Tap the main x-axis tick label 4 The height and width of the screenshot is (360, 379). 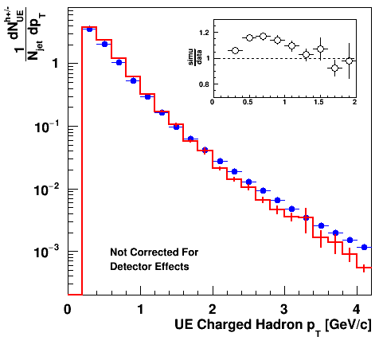pyautogui.click(x=357, y=309)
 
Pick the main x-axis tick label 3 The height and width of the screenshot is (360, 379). pyautogui.click(x=284, y=309)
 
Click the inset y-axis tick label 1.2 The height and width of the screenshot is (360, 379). pyautogui.click(x=204, y=33)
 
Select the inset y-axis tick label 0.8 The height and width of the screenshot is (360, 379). pyautogui.click(x=204, y=84)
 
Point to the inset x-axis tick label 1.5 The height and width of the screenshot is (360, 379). pyautogui.click(x=318, y=102)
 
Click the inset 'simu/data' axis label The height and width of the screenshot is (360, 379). pyautogui.click(x=195, y=57)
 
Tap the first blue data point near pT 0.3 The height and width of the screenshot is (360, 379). pyautogui.click(x=89, y=29)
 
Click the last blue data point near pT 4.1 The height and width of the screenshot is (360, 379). pyautogui.click(x=364, y=247)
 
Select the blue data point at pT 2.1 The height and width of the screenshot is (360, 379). pyautogui.click(x=220, y=161)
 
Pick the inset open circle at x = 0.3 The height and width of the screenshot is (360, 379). pyautogui.click(x=235, y=50)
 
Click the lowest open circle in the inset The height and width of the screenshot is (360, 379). pyautogui.click(x=334, y=68)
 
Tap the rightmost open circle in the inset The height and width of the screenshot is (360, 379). pyautogui.click(x=349, y=61)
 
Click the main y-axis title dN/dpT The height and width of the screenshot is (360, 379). pyautogui.click(x=26, y=34)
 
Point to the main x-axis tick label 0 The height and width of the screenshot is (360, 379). pyautogui.click(x=68, y=309)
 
